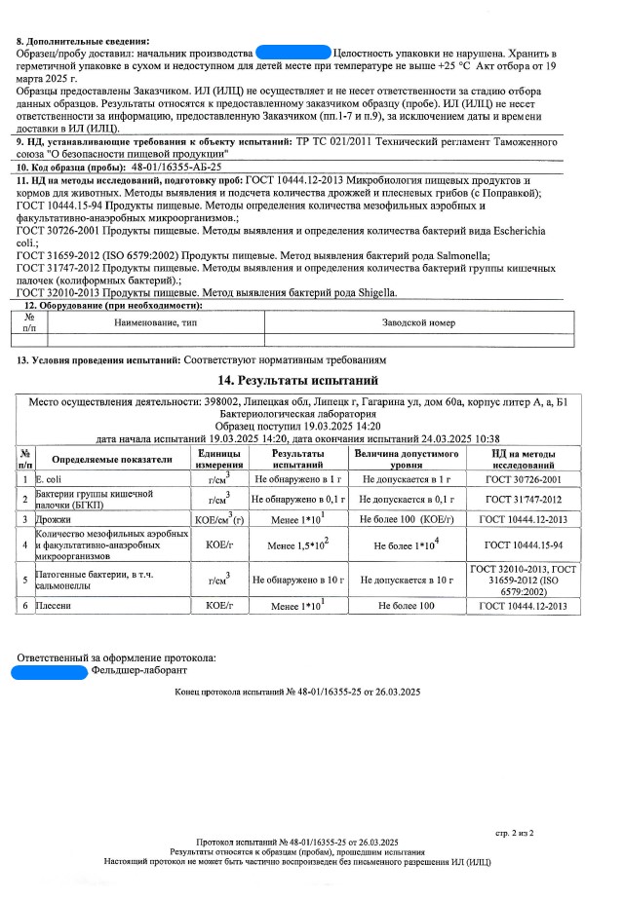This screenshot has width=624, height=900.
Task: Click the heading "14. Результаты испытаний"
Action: click(x=312, y=380)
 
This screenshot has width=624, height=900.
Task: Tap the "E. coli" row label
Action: click(x=49, y=480)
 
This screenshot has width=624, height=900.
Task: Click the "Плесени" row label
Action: click(x=55, y=606)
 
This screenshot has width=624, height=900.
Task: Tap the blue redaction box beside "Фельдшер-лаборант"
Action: click(x=49, y=670)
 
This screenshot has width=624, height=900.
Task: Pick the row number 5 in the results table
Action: click(x=24, y=580)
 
